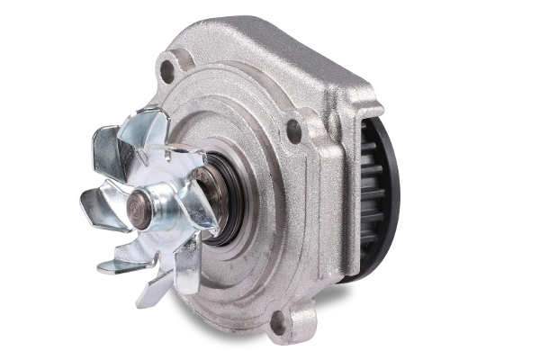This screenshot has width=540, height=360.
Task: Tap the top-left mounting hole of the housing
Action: pos(167,67)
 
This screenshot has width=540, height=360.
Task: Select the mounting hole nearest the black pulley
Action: pos(293,132)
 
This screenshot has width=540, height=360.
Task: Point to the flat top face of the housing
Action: pos(270,40)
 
